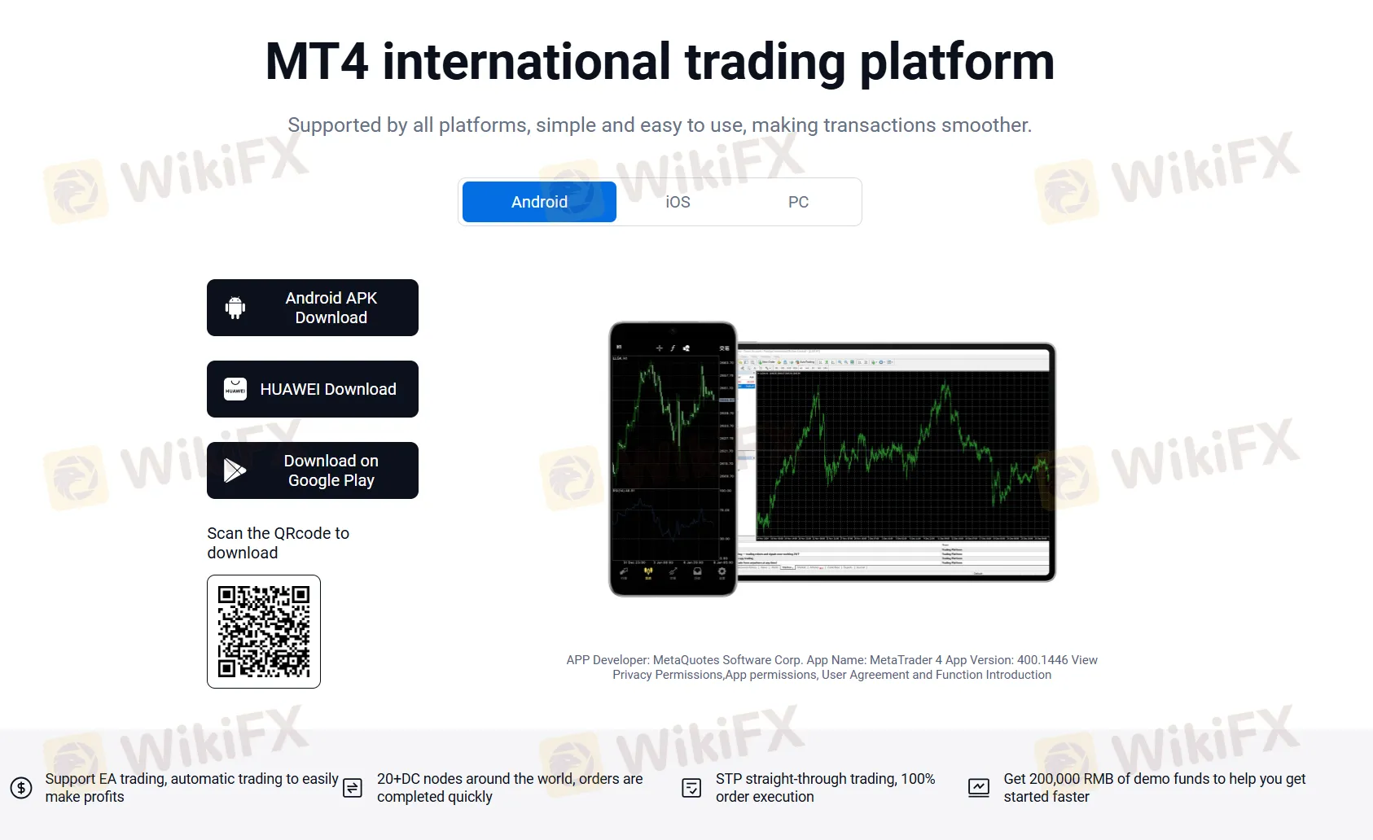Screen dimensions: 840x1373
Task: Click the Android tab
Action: pyautogui.click(x=539, y=202)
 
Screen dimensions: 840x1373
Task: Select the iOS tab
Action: pyautogui.click(x=678, y=202)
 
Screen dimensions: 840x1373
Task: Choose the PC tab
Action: pyautogui.click(x=798, y=202)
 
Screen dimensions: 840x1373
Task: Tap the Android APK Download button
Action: pyautogui.click(x=313, y=308)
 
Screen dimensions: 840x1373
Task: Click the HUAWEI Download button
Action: pyautogui.click(x=313, y=389)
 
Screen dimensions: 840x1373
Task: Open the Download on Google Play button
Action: pyautogui.click(x=313, y=470)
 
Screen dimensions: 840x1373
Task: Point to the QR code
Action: pyautogui.click(x=264, y=632)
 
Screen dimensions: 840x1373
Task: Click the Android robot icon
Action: pyautogui.click(x=235, y=308)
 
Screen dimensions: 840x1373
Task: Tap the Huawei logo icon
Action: pyautogui.click(x=235, y=389)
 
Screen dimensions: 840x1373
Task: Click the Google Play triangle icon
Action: pyautogui.click(x=235, y=470)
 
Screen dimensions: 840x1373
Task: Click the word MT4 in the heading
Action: pyautogui.click(x=317, y=62)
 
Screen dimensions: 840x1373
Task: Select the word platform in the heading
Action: pyautogui.click(x=957, y=62)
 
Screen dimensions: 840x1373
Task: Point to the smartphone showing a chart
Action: pyautogui.click(x=673, y=459)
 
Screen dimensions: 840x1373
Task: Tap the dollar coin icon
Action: pyautogui.click(x=21, y=788)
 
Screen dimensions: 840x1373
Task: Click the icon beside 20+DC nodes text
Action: pyautogui.click(x=353, y=788)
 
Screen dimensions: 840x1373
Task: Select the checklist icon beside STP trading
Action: pyautogui.click(x=691, y=788)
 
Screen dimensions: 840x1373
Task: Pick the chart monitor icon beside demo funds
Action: pyautogui.click(x=979, y=788)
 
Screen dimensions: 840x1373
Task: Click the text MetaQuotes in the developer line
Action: pyautogui.click(x=686, y=660)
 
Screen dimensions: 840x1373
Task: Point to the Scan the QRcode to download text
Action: pyautogui.click(x=278, y=543)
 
